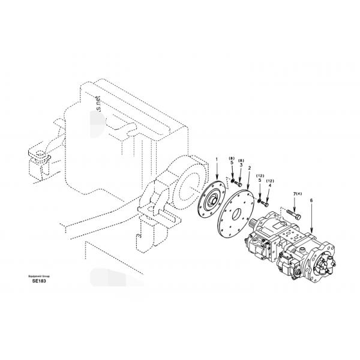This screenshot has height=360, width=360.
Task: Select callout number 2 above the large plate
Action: pyautogui.click(x=249, y=170)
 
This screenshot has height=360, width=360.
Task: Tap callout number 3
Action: pyautogui.click(x=241, y=166)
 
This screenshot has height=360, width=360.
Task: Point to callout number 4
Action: pyautogui.click(x=269, y=185)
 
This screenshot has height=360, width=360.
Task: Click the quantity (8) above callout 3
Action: pyautogui.click(x=241, y=160)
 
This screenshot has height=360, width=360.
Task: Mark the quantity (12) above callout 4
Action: pyautogui.click(x=269, y=181)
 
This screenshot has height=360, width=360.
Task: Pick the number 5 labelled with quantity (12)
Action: pyautogui.click(x=260, y=180)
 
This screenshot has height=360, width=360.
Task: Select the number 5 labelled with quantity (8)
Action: pyautogui.click(x=232, y=163)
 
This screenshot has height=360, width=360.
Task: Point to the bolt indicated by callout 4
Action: pyautogui.click(x=266, y=203)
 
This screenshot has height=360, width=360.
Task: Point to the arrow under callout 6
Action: pyautogui.click(x=311, y=225)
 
